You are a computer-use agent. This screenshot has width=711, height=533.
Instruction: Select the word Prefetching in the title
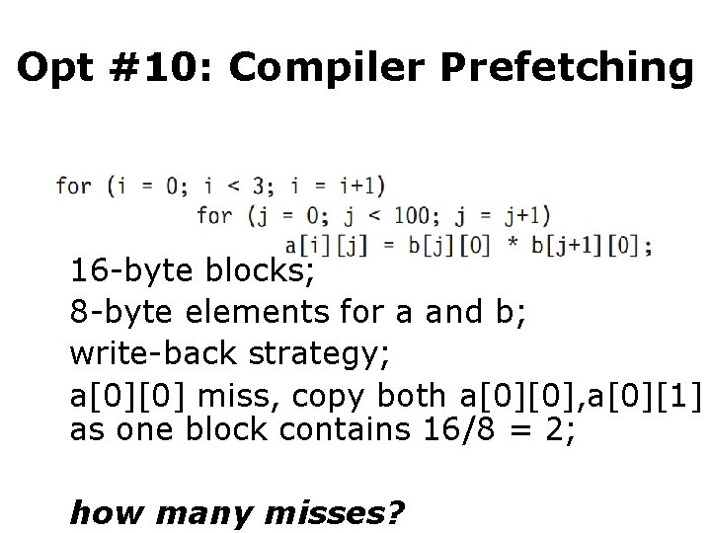click(x=567, y=66)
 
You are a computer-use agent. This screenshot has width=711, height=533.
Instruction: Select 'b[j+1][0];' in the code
click(x=592, y=245)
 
